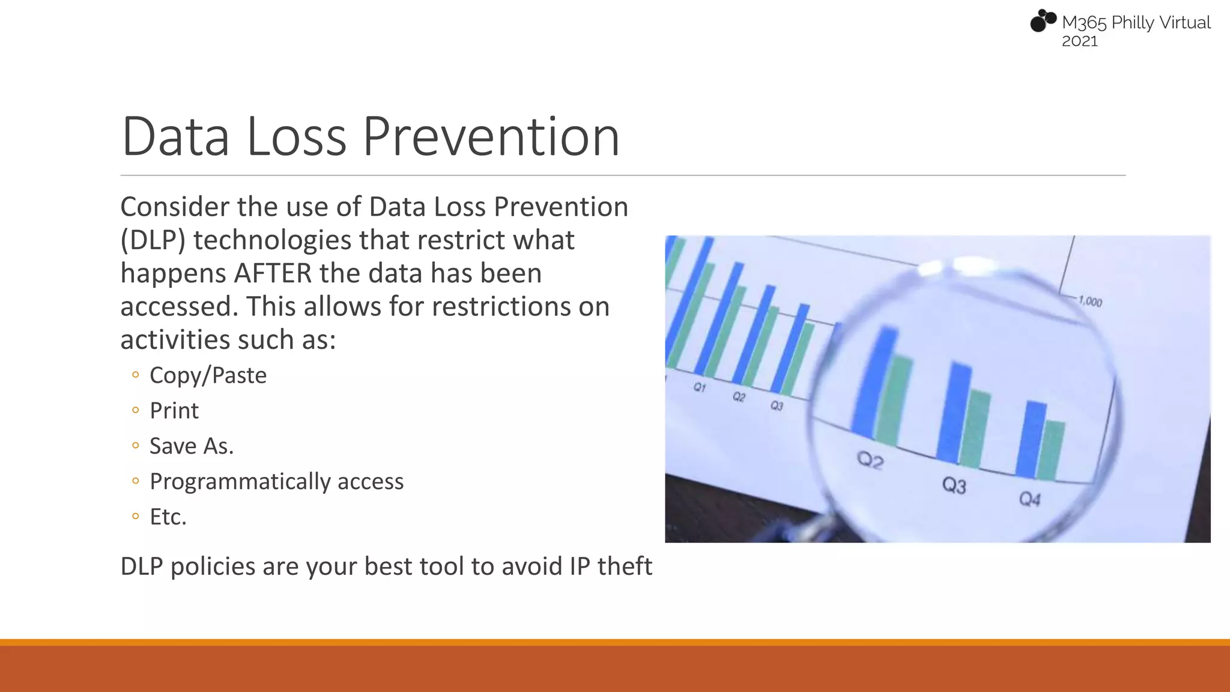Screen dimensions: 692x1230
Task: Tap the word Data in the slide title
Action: click(x=175, y=137)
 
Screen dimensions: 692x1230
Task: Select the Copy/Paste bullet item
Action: click(x=208, y=375)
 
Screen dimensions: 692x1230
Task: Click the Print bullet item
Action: click(x=174, y=411)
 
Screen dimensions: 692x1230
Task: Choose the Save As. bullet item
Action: click(x=191, y=446)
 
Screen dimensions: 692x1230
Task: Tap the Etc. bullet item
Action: click(x=168, y=517)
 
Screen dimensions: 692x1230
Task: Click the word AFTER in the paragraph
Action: click(x=273, y=273)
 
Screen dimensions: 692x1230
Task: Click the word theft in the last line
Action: click(x=625, y=566)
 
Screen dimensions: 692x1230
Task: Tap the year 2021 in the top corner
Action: click(x=1079, y=41)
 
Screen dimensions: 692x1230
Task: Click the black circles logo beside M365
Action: click(x=1043, y=20)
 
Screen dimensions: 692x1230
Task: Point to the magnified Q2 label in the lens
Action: click(x=870, y=461)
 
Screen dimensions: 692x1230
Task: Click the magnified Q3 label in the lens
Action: click(x=954, y=485)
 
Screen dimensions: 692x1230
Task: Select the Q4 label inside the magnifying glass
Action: click(x=1029, y=499)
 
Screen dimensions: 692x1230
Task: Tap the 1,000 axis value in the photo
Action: click(x=1090, y=302)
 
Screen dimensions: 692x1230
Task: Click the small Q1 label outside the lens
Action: click(x=700, y=387)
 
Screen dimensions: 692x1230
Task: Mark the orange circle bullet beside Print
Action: click(x=136, y=411)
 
